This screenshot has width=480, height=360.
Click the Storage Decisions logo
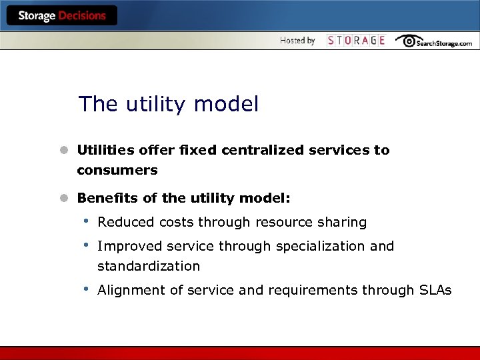[x=61, y=16]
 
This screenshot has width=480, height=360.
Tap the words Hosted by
[x=297, y=41]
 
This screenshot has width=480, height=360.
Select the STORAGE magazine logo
[x=356, y=41]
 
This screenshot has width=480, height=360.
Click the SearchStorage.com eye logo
[x=408, y=41]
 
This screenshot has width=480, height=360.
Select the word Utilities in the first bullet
[x=104, y=150]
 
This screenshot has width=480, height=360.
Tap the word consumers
[x=117, y=170]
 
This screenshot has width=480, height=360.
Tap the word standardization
[x=149, y=266]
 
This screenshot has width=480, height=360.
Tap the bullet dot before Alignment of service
[x=85, y=289]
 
